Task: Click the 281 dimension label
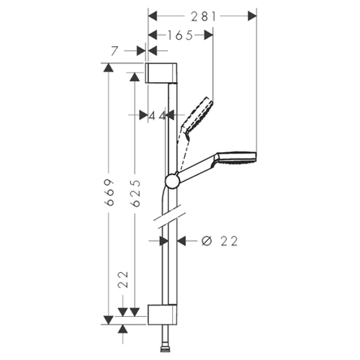click(x=204, y=17)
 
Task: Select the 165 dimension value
click(x=180, y=35)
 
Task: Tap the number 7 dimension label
click(x=114, y=51)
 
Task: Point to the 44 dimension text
click(x=158, y=116)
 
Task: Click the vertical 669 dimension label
click(x=109, y=192)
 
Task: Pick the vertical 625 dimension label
click(x=135, y=193)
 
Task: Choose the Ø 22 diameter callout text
click(x=220, y=241)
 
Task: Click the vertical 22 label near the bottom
click(x=123, y=279)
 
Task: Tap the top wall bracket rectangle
click(x=161, y=73)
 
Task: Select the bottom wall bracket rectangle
click(x=162, y=315)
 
